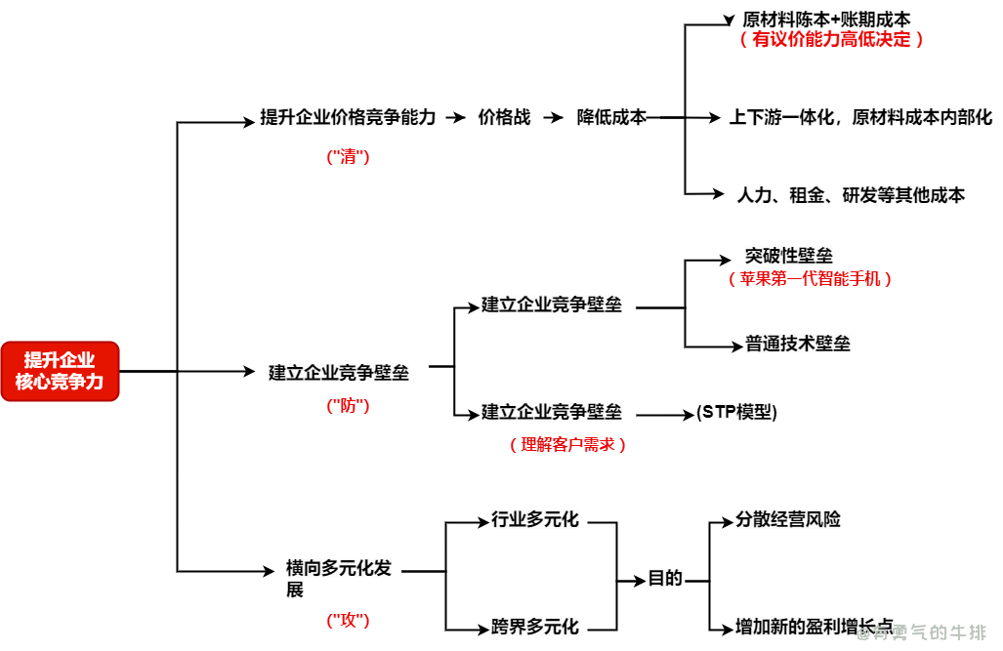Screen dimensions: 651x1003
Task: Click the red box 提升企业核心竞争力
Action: point(60,371)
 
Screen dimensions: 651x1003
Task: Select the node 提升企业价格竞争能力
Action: point(348,117)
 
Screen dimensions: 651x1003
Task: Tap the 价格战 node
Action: point(504,117)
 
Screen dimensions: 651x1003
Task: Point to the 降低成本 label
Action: point(611,117)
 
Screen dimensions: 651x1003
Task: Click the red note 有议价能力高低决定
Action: point(831,39)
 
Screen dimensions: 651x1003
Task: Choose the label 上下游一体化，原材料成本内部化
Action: point(859,117)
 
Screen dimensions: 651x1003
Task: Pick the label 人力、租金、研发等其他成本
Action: point(850,195)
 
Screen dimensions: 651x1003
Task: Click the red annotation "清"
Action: point(348,156)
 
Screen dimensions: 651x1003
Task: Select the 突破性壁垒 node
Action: point(789,256)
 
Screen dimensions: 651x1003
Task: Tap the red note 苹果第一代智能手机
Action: point(810,278)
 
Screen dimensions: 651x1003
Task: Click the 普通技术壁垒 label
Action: point(797,344)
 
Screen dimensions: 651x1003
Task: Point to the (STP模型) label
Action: point(736,412)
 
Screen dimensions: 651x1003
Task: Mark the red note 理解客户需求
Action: point(567,444)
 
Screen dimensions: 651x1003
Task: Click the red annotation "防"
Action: point(348,405)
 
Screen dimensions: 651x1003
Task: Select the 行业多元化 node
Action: point(535,520)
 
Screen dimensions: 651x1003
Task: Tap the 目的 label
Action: point(665,578)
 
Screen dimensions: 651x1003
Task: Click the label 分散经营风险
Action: point(787,520)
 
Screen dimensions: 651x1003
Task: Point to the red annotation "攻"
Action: point(348,620)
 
